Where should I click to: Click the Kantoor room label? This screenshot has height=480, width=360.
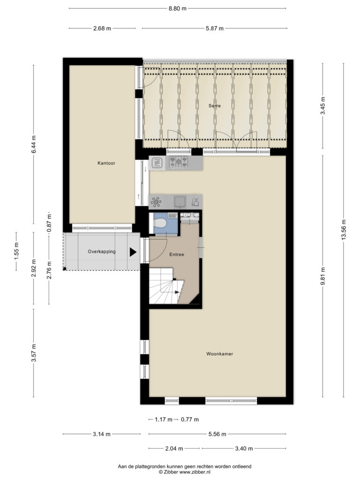coord(106,163)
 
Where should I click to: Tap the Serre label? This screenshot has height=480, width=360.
coord(215,106)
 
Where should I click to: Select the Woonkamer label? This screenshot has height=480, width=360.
coord(219,354)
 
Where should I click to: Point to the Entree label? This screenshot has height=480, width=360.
coord(177,255)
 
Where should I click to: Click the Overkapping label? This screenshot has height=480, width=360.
coord(102,252)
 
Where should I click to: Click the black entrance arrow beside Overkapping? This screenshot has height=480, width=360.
coord(133,252)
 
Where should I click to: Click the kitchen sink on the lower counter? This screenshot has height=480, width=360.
coord(180,202)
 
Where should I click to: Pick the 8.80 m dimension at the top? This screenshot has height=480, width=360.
coord(178,8)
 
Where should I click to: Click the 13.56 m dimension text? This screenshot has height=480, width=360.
coord(344,230)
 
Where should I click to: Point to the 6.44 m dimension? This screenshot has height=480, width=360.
coord(34,144)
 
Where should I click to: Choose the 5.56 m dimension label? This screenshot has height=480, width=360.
coord(217,434)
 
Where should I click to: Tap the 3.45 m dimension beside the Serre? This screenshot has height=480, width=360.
coord(322,105)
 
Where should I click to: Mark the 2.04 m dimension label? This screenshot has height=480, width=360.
coord(174,449)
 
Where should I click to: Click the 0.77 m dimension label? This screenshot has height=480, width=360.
coord(190,420)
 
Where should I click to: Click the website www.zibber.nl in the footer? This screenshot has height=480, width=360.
coord(195,472)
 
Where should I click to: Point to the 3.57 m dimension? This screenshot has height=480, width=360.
coord(34,353)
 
